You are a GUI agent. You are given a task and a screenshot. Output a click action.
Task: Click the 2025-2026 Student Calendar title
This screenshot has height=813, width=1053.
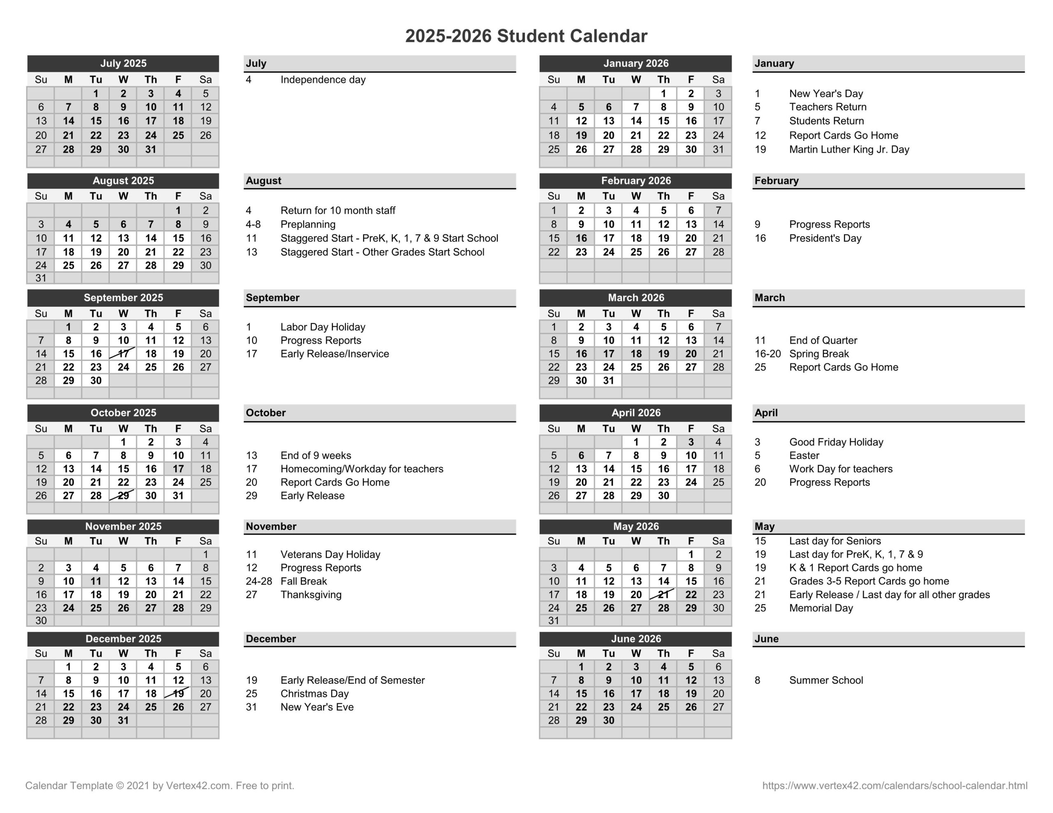click(526, 36)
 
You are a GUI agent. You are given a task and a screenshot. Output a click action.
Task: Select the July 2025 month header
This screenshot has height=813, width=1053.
click(123, 64)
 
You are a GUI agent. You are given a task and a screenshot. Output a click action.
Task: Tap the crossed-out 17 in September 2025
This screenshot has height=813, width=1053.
click(123, 354)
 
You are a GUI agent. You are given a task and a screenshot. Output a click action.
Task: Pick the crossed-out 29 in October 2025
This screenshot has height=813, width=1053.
click(123, 495)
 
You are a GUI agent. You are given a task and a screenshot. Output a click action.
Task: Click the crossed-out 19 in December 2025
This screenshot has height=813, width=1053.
click(179, 693)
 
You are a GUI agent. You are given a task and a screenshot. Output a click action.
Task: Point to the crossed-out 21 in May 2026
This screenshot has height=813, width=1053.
click(663, 595)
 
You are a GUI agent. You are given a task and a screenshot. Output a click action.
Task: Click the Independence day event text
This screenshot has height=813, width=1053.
click(323, 79)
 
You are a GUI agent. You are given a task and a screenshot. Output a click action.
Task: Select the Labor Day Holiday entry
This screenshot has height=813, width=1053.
click(323, 327)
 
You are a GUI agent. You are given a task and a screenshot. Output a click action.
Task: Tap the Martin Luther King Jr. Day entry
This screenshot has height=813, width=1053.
click(849, 149)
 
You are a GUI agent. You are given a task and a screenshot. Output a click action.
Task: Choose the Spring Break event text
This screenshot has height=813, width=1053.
click(819, 354)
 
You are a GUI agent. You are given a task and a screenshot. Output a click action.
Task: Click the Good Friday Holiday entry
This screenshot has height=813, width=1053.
click(836, 442)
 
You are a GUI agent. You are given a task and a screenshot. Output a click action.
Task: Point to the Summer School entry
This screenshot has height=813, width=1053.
click(826, 680)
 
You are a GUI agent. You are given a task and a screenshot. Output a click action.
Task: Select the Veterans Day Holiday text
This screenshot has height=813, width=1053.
click(330, 554)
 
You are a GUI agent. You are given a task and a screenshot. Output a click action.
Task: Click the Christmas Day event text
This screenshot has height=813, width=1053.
click(314, 693)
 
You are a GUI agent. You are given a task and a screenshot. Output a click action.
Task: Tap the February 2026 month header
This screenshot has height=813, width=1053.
click(636, 181)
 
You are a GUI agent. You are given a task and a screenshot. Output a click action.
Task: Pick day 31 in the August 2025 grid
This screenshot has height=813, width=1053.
click(41, 278)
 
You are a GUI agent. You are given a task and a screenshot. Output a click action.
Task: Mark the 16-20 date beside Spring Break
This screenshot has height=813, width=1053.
click(768, 354)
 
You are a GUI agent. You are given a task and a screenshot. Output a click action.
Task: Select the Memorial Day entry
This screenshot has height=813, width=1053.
click(821, 608)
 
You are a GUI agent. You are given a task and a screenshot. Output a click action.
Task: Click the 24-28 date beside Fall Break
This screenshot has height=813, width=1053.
click(259, 581)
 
